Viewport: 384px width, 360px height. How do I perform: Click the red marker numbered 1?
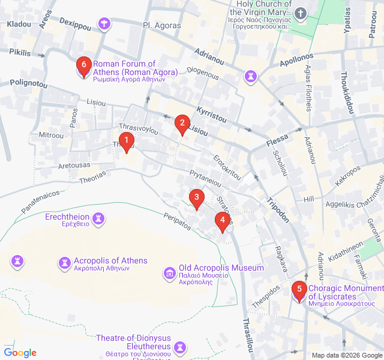click(x=126, y=142)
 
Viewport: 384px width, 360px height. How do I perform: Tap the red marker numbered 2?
click(x=181, y=124)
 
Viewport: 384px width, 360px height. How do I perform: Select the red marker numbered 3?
click(x=196, y=197)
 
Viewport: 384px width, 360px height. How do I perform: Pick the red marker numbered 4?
click(x=223, y=220)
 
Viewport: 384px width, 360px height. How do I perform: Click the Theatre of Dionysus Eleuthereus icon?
click(x=179, y=347)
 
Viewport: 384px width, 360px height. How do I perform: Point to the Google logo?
click(x=20, y=353)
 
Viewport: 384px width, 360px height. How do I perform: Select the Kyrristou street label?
click(x=212, y=114)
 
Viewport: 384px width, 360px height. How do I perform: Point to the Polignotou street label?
click(x=28, y=84)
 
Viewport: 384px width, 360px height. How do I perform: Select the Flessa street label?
click(x=277, y=141)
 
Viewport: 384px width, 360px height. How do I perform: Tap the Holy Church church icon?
click(x=300, y=13)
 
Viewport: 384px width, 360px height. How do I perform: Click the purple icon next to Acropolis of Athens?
click(x=64, y=263)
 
